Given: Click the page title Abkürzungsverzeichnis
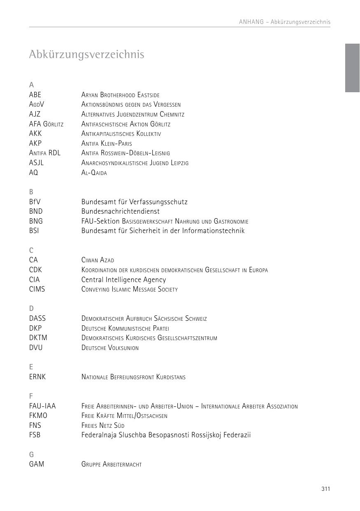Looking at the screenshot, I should point(86,54).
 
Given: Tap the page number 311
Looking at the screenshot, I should point(326,489).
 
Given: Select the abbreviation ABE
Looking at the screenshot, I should point(35,95).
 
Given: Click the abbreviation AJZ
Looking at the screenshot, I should point(35,114).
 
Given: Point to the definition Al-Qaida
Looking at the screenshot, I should point(94,173).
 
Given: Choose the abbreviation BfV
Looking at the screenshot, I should point(35,202).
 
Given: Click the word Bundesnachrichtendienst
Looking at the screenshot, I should point(120,211).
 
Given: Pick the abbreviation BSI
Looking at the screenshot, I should point(34,231).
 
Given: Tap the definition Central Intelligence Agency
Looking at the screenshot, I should point(123,280).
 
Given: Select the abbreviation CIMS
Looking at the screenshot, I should point(37,289).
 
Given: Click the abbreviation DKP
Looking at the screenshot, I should point(35,328).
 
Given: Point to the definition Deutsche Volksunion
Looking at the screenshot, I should point(110,348).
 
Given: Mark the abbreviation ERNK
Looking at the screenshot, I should point(37,377).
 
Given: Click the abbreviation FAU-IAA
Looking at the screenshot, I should point(42,406).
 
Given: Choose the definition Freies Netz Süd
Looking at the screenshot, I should point(102,426).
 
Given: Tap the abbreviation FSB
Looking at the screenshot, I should point(35,435).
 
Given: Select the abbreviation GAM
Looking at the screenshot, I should point(37,464).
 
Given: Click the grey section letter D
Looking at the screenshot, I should point(31,308).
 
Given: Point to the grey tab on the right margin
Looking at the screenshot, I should point(352,68).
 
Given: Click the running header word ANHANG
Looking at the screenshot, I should point(251,22).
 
